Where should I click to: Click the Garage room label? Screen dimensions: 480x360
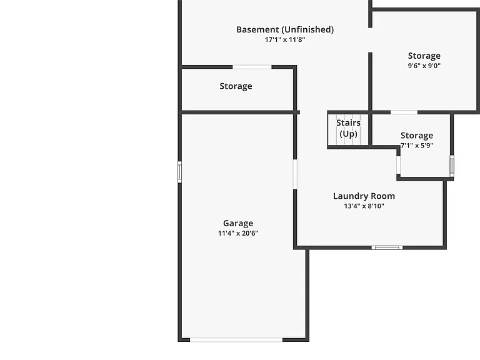tap(238, 224)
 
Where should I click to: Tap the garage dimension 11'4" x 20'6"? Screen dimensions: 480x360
tap(238, 233)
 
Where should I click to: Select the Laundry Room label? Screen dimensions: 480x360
tap(364, 196)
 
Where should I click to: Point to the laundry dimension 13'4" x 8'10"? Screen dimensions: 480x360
tap(364, 206)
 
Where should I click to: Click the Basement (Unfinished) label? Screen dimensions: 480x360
tap(285, 30)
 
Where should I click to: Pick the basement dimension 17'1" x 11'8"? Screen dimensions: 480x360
tap(285, 39)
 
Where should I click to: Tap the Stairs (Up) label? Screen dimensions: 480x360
tap(348, 128)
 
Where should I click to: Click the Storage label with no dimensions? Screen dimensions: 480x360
tap(236, 86)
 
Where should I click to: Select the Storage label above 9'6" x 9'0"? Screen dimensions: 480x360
tap(424, 56)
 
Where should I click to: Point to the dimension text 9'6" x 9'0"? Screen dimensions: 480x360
tap(424, 66)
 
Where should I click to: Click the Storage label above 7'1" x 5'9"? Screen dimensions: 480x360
tap(417, 136)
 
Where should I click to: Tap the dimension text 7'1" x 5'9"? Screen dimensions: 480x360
tap(417, 146)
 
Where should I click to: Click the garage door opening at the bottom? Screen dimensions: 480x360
tap(236, 340)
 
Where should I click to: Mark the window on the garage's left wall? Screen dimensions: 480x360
tap(180, 172)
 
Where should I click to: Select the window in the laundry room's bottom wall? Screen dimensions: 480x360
tap(387, 247)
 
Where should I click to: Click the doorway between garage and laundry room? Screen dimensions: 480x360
tap(295, 174)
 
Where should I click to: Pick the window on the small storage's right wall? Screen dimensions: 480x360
tap(452, 166)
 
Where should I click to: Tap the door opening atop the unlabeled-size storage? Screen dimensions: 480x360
tap(252, 67)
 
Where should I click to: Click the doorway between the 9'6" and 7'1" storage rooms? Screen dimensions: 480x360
tap(404, 112)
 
